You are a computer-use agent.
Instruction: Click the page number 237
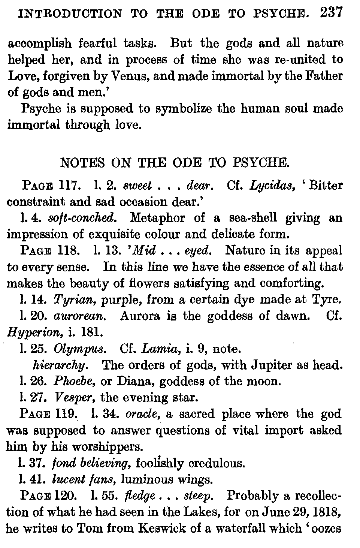tap(331, 13)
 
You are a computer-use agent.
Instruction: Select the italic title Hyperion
tap(33, 332)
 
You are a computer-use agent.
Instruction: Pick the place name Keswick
tap(161, 529)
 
